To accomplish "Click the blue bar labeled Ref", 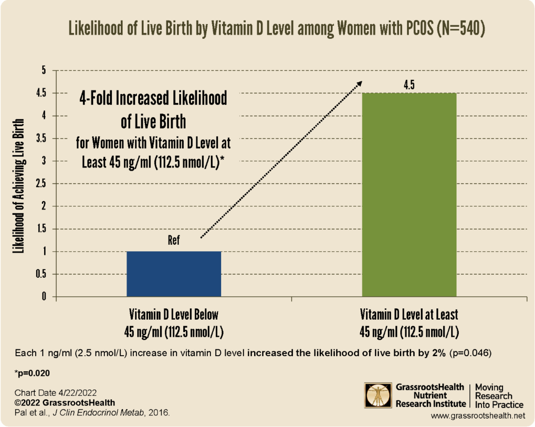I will coord(174,274).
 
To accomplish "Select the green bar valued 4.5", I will coord(409,194).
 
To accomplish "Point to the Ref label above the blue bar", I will coord(174,241).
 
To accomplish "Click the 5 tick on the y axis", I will coord(44,70).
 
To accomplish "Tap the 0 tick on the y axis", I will coord(44,297).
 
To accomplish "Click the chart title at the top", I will coord(276,27).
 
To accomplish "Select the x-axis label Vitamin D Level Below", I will coord(174,315).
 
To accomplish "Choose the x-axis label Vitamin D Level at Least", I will coord(409,315).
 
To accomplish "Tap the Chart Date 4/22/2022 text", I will coord(55,393).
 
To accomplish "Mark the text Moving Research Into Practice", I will coord(499,395).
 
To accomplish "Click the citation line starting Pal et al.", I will coord(92,412).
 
